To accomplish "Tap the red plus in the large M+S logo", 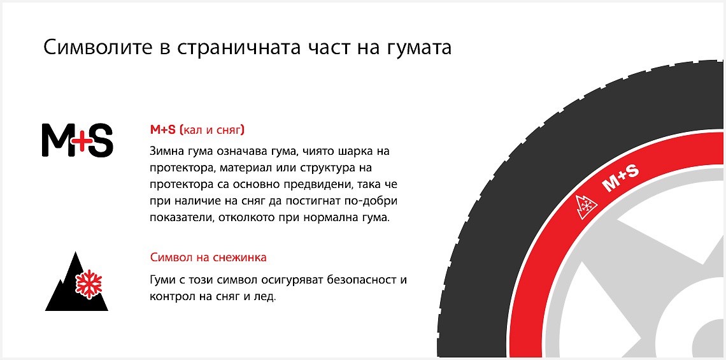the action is point(79,140).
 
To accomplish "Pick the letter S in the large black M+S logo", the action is point(99,140).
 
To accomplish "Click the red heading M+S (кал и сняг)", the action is point(197,130).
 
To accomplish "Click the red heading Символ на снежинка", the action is point(208,257).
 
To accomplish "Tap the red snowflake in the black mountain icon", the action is point(89,284).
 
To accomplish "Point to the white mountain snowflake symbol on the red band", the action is point(586,206).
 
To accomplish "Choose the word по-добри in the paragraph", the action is point(376,201).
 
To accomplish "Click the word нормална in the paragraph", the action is point(332,217).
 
